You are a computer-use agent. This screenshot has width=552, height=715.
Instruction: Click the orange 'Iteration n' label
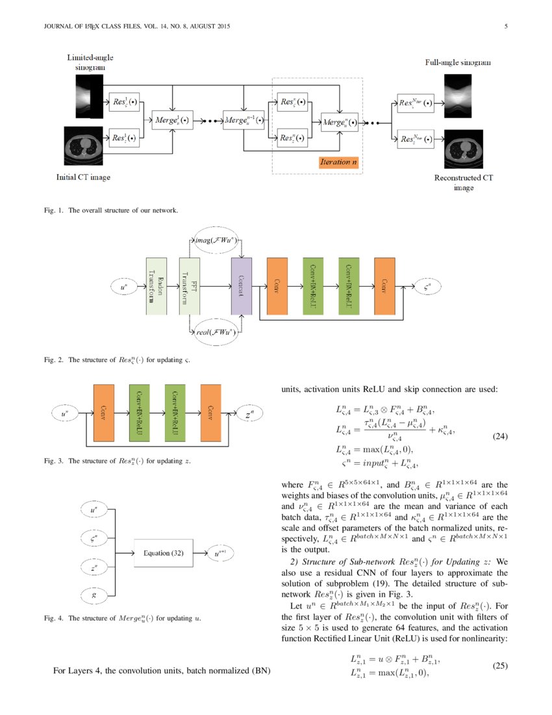pos(338,162)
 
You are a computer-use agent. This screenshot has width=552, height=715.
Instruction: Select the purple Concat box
pos(241,285)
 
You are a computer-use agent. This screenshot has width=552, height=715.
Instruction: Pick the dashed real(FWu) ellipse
pos(215,332)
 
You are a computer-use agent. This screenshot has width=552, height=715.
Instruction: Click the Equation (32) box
pos(164,553)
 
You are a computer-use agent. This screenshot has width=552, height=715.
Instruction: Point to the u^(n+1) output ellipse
pos(221,553)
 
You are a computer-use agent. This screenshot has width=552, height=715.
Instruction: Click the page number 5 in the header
pos(505,27)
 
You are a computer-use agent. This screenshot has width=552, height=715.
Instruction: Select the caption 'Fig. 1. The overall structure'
pos(110,210)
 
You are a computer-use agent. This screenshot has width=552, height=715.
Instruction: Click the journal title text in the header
pos(136,27)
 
